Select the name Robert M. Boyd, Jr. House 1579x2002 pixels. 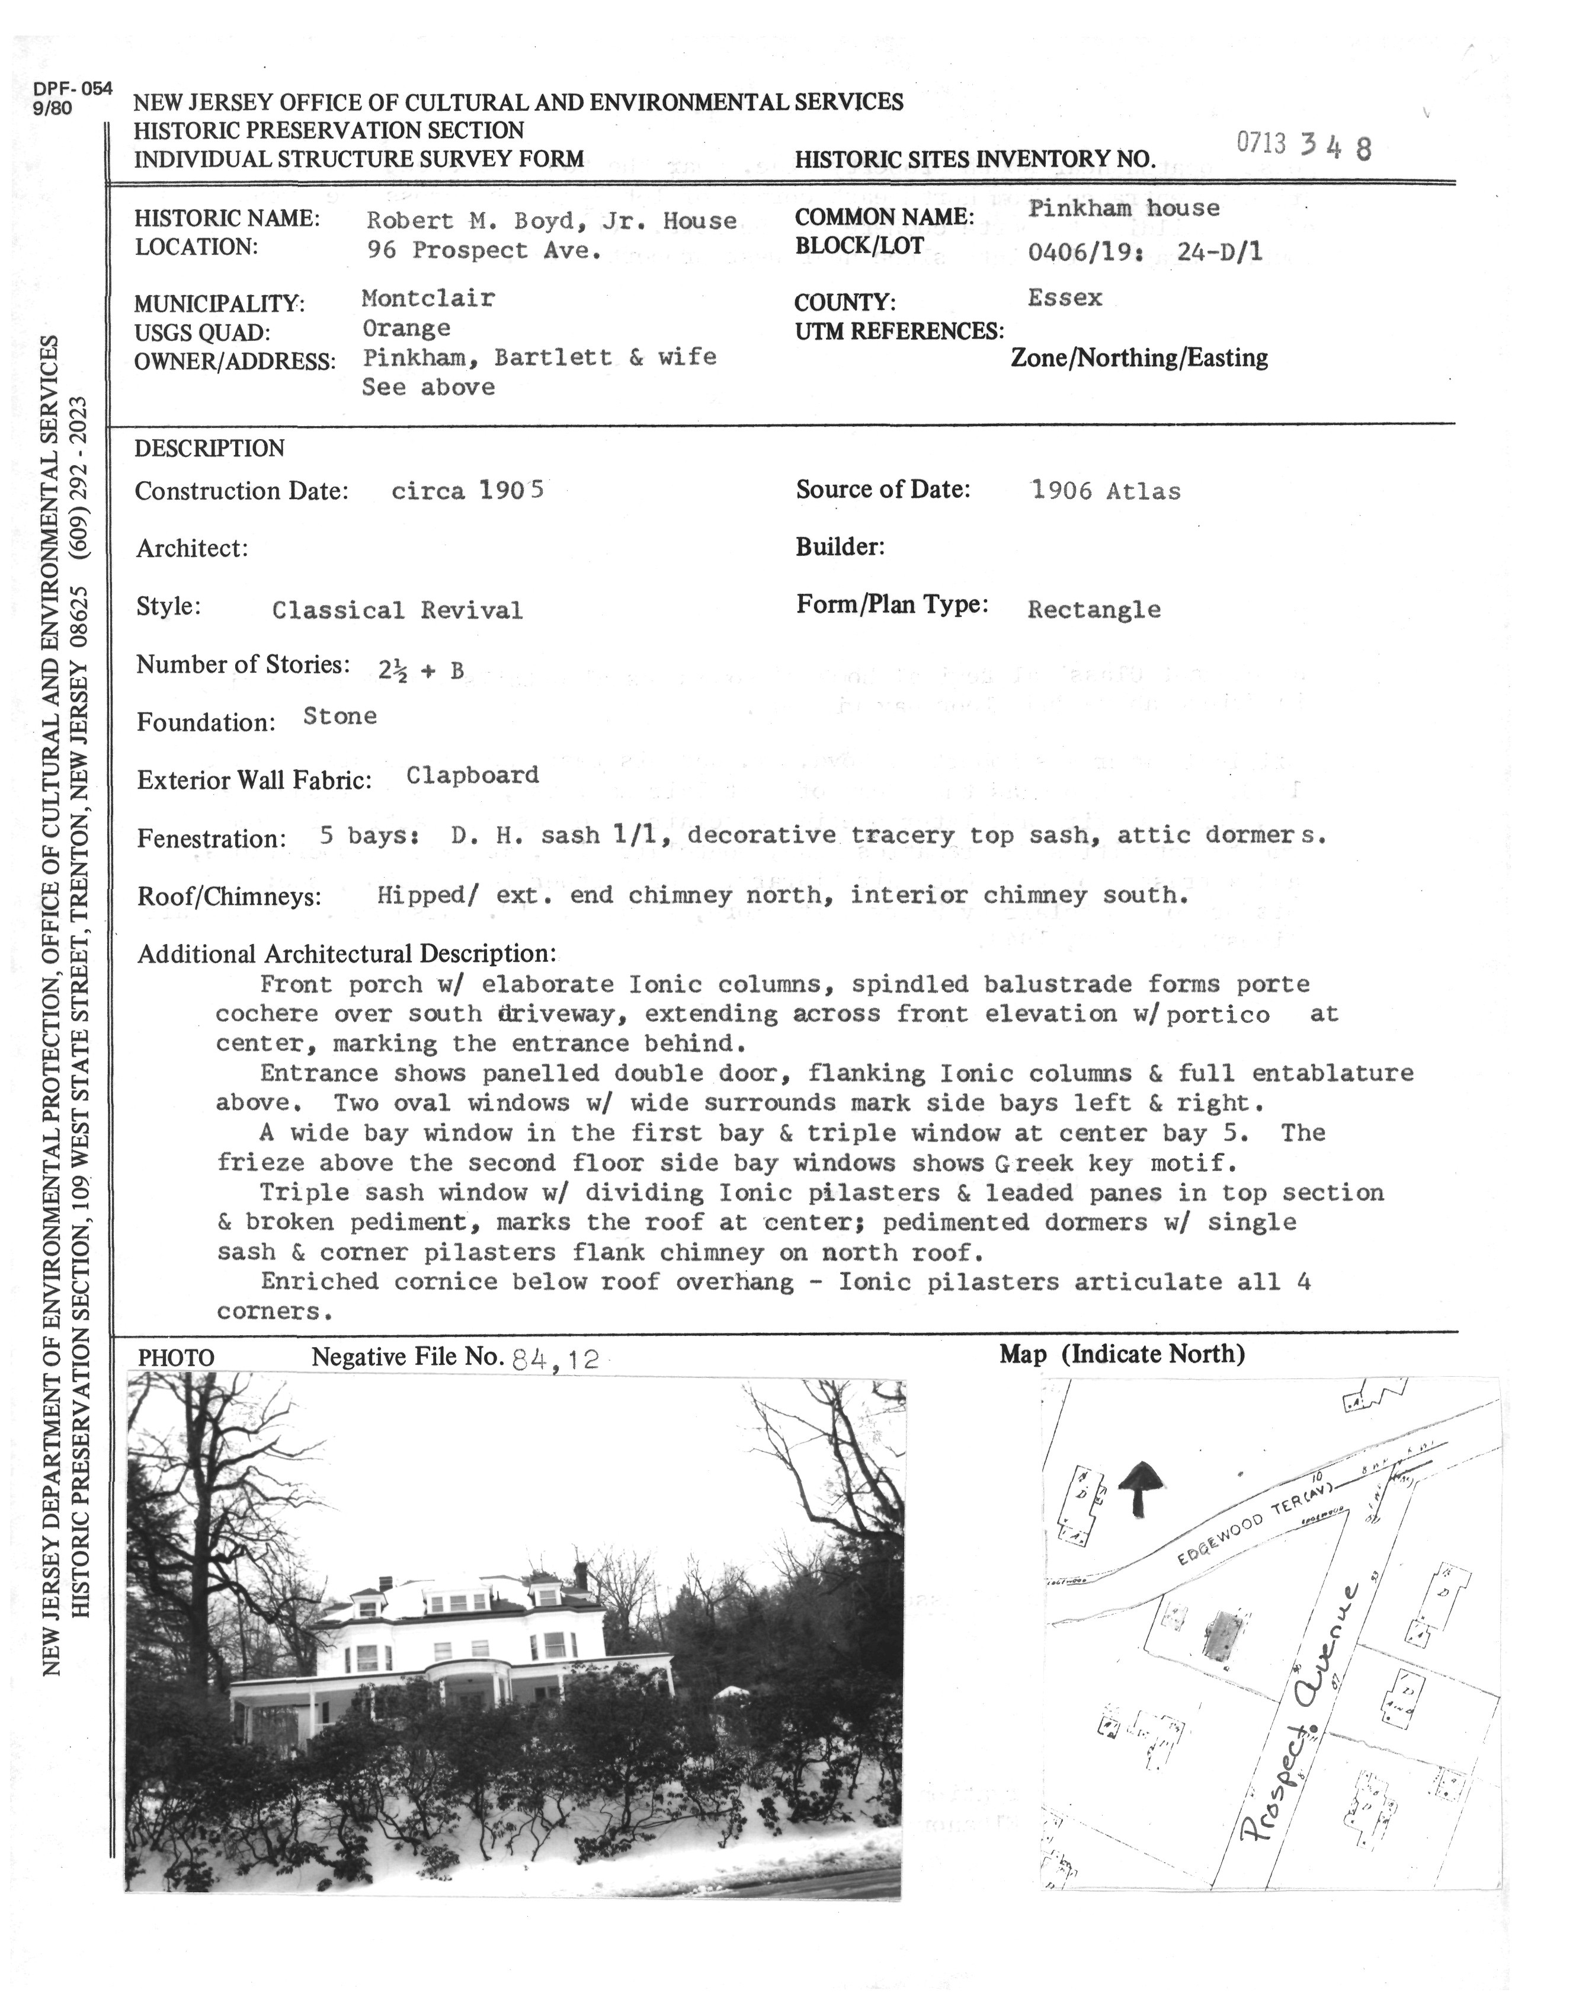[x=551, y=220]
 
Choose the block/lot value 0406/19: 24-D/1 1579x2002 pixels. [x=1145, y=251]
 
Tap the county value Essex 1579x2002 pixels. [x=1065, y=298]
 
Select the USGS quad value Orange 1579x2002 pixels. [x=406, y=328]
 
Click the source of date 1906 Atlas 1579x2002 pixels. [x=1106, y=491]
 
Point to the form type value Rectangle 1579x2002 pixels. [x=1094, y=609]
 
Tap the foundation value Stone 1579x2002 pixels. [x=339, y=716]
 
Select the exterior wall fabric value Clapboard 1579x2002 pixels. [x=472, y=775]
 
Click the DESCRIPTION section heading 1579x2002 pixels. [x=209, y=449]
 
